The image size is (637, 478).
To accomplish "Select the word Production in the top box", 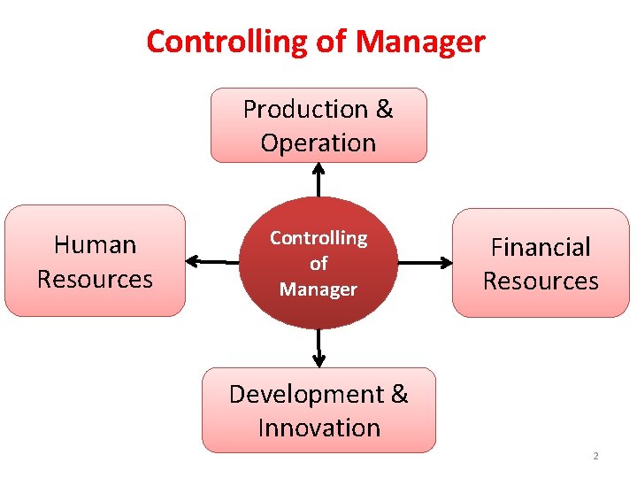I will point(305,109).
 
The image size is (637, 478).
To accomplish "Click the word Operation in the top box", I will point(318,143).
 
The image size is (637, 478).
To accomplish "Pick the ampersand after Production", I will point(384,109).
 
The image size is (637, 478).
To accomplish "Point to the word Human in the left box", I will point(96,244).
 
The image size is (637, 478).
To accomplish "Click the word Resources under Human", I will point(96,279).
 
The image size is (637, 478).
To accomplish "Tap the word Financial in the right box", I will point(541,247).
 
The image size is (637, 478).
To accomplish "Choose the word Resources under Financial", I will point(541,281).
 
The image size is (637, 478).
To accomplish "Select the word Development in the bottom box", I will point(305,394).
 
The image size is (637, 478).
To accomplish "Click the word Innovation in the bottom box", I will point(318,428).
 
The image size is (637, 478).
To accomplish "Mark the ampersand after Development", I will point(398,394).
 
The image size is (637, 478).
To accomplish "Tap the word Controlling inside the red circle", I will point(318,238).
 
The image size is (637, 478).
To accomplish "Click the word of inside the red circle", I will point(318,264).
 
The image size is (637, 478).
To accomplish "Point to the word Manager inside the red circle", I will point(318,289).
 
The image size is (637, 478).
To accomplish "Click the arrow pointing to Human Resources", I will point(212,261).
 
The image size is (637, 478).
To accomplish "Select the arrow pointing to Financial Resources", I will point(425,262).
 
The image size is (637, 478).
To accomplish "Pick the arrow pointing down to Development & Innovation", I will point(319,347).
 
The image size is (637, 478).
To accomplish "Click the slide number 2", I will point(595,456).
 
